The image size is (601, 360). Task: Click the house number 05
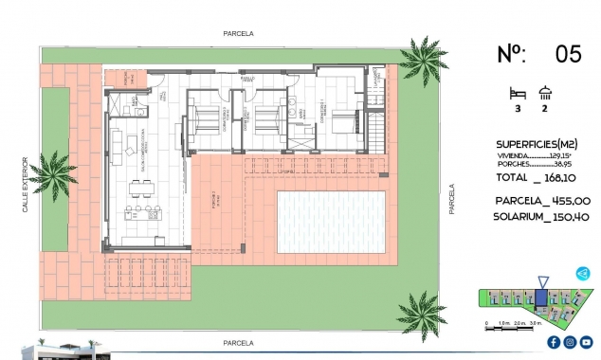(x=567, y=53)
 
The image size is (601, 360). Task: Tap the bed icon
(x=516, y=93)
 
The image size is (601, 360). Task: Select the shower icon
(x=545, y=93)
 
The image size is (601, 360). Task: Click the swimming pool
(x=330, y=221)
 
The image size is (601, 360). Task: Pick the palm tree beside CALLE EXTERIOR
(x=50, y=175)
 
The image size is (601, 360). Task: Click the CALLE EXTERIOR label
(x=27, y=184)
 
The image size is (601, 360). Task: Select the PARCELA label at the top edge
(x=238, y=32)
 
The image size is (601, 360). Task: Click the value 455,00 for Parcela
(x=569, y=201)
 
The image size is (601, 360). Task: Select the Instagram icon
(x=570, y=342)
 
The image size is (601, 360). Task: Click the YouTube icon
(x=587, y=342)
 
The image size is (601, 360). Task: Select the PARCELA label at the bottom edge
(x=238, y=342)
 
